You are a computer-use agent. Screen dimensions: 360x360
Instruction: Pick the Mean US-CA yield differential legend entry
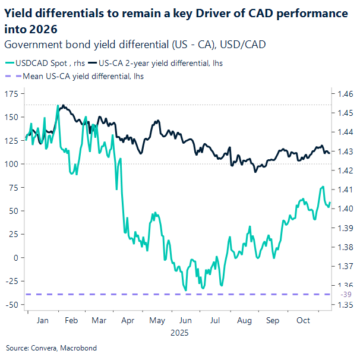[83, 76]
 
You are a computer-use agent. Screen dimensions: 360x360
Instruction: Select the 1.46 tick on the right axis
[346, 94]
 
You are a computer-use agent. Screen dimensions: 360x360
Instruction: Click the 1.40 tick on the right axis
[346, 209]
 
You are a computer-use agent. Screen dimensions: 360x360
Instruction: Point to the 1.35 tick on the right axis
[346, 305]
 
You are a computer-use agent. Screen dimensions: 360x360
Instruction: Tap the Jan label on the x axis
[42, 320]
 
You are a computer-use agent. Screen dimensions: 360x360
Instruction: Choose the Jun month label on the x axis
[185, 320]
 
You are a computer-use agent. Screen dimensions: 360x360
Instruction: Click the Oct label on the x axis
[303, 320]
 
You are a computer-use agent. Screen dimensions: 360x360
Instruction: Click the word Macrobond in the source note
[79, 348]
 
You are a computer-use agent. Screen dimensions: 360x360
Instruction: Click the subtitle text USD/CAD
[245, 44]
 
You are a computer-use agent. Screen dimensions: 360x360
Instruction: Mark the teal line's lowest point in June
[186, 290]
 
